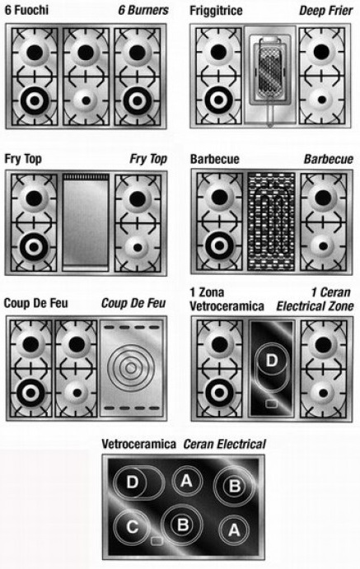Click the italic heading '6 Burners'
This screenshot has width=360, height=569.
pyautogui.click(x=143, y=10)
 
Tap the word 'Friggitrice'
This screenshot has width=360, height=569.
pyautogui.click(x=216, y=11)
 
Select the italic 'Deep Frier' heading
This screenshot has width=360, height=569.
pyautogui.click(x=325, y=11)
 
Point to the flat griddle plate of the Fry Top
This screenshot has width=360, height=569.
pyautogui.click(x=86, y=222)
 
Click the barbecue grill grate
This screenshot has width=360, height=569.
pyautogui.click(x=271, y=222)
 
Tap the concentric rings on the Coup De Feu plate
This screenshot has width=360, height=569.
pyautogui.click(x=131, y=368)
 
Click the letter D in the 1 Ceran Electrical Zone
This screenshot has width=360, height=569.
pyautogui.click(x=272, y=361)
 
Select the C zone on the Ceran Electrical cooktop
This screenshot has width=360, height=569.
pyautogui.click(x=132, y=526)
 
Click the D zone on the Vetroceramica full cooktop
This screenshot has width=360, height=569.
pyautogui.click(x=138, y=483)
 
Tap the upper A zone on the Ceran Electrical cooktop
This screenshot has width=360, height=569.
pyautogui.click(x=186, y=481)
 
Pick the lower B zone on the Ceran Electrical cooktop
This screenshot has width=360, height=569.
pyautogui.click(x=183, y=525)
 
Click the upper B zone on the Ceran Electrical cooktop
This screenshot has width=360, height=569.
pyautogui.click(x=235, y=486)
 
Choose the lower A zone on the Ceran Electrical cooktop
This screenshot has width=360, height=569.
pyautogui.click(x=234, y=530)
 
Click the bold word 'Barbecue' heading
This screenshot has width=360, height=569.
pyautogui.click(x=215, y=159)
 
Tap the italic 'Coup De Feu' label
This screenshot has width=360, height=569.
pyautogui.click(x=133, y=303)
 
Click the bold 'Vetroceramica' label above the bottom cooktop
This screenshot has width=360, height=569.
pyautogui.click(x=138, y=444)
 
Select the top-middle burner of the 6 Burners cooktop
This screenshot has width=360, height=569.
pyautogui.click(x=86, y=53)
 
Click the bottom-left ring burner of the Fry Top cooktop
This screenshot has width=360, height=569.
pyautogui.click(x=34, y=247)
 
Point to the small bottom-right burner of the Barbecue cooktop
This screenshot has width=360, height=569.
pyautogui.click(x=323, y=247)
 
